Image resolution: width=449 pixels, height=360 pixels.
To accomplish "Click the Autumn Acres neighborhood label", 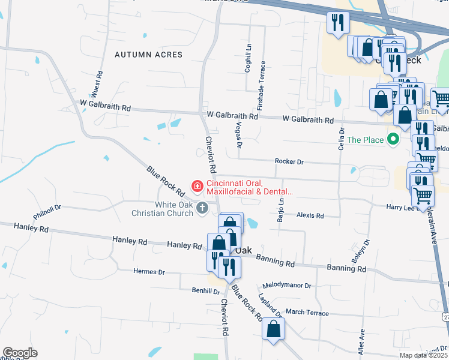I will pos(148,55).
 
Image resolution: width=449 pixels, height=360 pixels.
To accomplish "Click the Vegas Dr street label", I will pos(238,134).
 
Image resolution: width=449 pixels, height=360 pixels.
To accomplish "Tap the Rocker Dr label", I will pos(289,161).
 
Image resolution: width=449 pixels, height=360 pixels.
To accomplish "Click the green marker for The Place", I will pos(394,140).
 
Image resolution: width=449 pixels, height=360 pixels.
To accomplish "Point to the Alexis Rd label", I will pos(310,215).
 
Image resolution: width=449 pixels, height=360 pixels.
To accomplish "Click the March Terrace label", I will pos(307,313).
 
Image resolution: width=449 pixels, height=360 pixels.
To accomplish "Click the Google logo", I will pos(20,353).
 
